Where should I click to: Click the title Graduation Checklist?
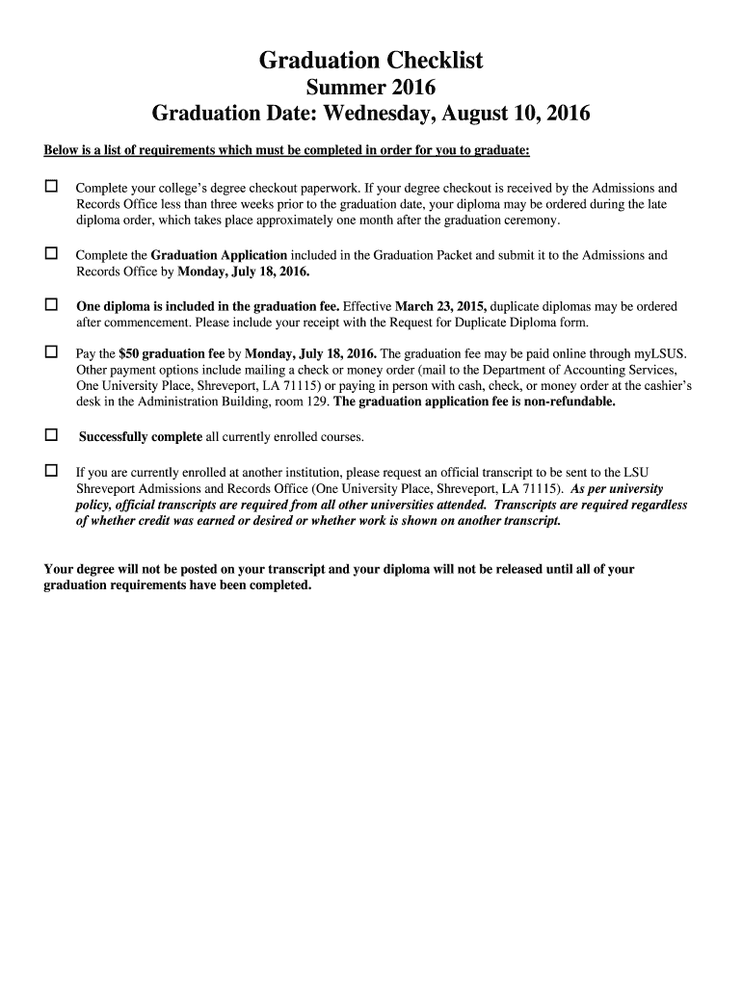click(371, 62)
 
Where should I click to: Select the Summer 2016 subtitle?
click(371, 89)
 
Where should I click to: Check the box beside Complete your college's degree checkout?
click(51, 186)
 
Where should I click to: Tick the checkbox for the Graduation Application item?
click(51, 253)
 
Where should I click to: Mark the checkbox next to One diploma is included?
click(51, 304)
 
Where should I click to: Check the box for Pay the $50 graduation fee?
click(51, 351)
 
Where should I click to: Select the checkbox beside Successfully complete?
click(51, 435)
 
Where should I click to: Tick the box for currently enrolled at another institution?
click(51, 471)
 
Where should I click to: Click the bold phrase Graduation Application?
click(219, 256)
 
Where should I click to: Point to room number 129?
click(315, 402)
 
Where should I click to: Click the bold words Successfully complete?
click(141, 438)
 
